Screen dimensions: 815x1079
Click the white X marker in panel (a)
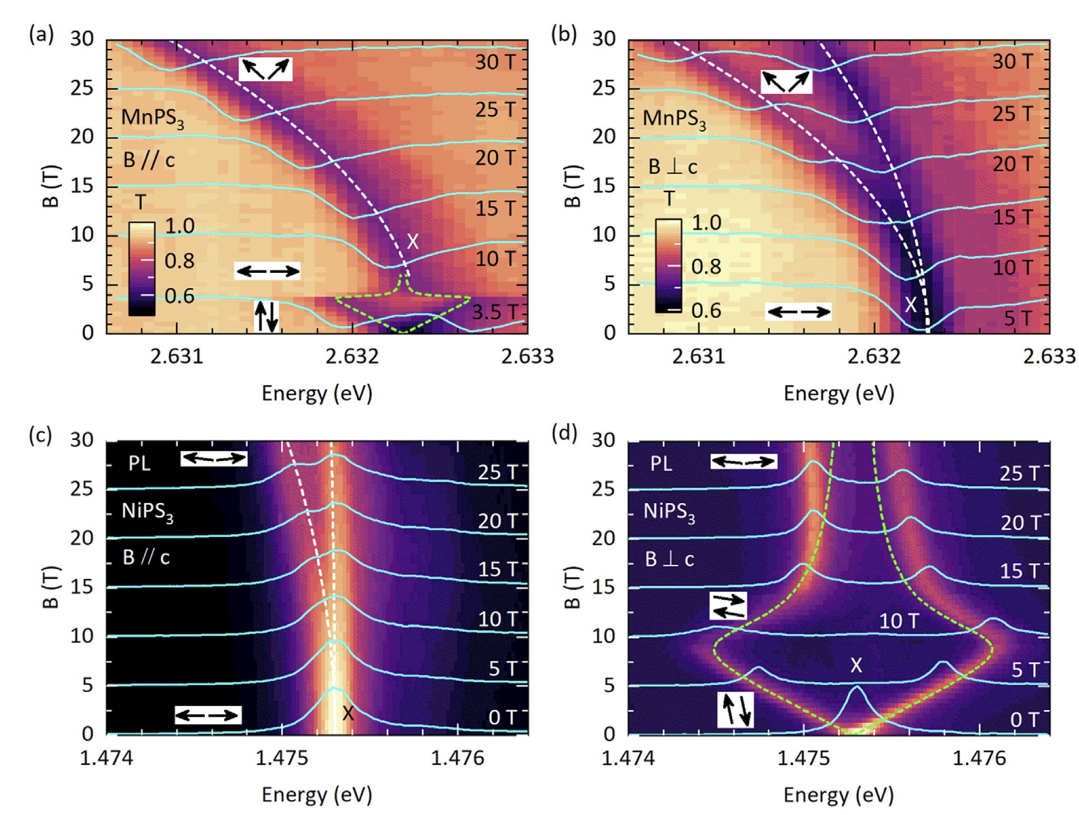[x=413, y=241]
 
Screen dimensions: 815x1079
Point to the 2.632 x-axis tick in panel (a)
[x=352, y=357]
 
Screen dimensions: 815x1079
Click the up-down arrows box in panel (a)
[x=266, y=316]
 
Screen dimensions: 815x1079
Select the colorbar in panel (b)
[x=668, y=266]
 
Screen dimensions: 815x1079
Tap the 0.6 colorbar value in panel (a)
[x=180, y=296]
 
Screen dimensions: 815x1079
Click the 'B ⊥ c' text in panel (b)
[x=673, y=167]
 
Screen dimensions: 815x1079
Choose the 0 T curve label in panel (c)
[x=502, y=718]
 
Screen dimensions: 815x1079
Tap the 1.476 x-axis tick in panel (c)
[x=457, y=758]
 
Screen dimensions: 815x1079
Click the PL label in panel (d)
[x=661, y=464]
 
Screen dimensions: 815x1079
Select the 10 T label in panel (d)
[x=899, y=621]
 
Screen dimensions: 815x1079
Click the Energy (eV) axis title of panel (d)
[x=838, y=794]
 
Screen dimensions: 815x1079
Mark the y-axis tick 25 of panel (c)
[x=82, y=488]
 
